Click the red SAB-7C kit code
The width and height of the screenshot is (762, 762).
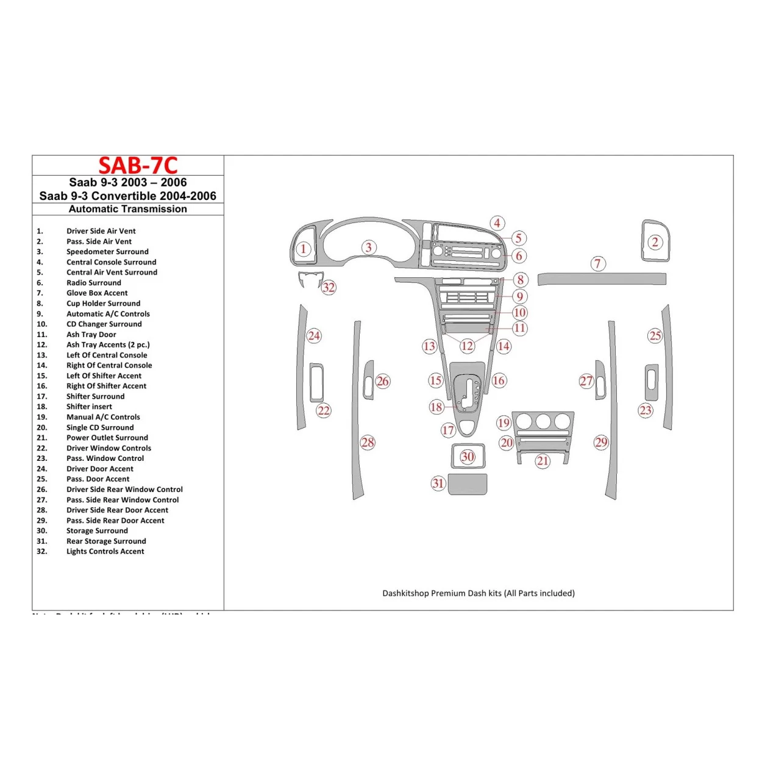point(138,166)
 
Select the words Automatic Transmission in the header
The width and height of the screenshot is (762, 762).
point(128,209)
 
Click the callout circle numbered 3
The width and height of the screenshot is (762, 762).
point(368,247)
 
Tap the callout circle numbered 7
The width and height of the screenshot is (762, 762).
point(598,263)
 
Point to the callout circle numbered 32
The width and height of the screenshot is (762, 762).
point(329,287)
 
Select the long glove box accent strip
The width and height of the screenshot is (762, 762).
point(602,279)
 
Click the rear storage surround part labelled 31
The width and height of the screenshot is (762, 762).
point(468,485)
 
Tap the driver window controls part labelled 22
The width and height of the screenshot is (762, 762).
point(316,383)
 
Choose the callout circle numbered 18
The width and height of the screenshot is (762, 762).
point(436,407)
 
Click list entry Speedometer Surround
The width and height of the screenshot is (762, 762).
point(107,252)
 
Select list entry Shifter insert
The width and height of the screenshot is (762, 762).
point(89,407)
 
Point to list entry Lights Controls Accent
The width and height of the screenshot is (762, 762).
point(105,552)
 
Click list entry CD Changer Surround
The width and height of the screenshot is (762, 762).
point(104,324)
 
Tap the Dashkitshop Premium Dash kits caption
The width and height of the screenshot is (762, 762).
point(479,593)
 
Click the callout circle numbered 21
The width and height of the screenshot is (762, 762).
point(543,461)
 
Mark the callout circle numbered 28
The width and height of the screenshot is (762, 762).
point(368,443)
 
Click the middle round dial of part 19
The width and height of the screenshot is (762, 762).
point(543,421)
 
